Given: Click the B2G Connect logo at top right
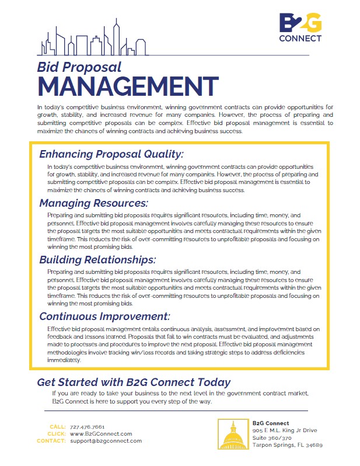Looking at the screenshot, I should click(x=300, y=29).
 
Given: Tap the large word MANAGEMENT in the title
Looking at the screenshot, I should click(x=120, y=86).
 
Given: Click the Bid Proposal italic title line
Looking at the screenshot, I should click(x=79, y=67).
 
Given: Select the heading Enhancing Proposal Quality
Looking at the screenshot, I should click(x=111, y=154).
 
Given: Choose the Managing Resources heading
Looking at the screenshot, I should click(x=93, y=203).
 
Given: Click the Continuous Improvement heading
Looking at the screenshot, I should click(x=104, y=316).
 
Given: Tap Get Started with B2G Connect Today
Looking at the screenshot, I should click(x=134, y=382).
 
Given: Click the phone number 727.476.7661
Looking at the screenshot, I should click(x=87, y=427).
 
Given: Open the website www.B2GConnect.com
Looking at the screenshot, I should click(x=101, y=434).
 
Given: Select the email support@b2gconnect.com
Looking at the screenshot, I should click(x=106, y=441).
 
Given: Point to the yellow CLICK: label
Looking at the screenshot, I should click(x=57, y=434).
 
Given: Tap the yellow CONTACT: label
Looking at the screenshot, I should click(x=51, y=441).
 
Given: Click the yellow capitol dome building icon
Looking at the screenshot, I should click(x=233, y=433).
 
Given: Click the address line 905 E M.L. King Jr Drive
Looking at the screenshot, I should click(x=285, y=430).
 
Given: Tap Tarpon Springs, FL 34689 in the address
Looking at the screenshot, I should click(x=287, y=444).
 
